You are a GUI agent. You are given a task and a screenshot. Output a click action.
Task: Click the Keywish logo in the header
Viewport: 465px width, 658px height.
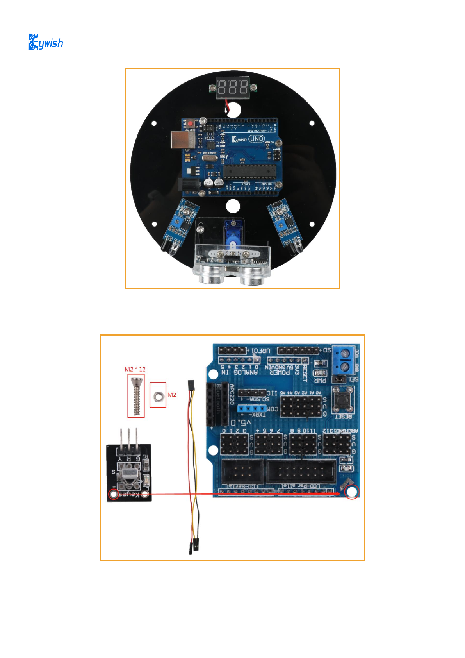(46, 42)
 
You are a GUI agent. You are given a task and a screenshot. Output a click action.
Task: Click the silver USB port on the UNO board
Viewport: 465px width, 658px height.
(182, 139)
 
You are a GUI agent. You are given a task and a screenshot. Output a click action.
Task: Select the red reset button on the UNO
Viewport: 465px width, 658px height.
(191, 123)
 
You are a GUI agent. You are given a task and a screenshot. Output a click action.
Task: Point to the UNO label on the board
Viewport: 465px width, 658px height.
(257, 139)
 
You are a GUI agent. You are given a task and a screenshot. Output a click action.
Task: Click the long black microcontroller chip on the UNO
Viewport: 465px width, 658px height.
(249, 171)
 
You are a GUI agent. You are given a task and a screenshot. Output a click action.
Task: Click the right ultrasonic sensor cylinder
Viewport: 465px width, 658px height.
(254, 275)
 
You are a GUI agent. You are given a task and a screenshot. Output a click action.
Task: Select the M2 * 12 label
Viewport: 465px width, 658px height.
(135, 369)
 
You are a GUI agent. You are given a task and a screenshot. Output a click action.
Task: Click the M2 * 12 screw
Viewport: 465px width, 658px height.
(136, 396)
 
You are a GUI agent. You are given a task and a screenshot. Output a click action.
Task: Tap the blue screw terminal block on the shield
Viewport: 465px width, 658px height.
(345, 360)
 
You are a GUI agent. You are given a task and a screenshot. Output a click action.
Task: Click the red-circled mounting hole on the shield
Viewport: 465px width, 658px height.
(352, 492)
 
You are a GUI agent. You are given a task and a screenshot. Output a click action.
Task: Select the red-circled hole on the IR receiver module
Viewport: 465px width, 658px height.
(113, 495)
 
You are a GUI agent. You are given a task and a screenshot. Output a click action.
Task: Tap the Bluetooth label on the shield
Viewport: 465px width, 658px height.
(219, 399)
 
